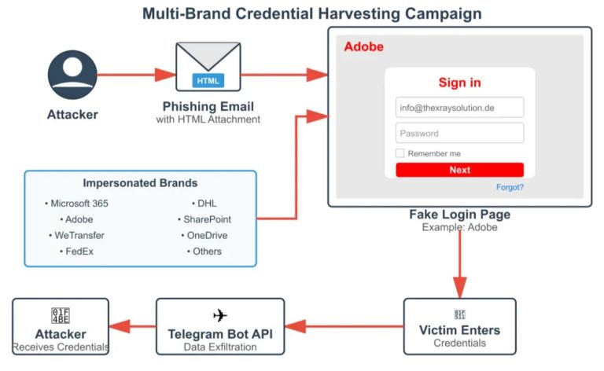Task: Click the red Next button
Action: point(459,170)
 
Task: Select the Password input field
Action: point(459,133)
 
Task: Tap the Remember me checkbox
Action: point(400,153)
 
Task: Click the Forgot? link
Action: point(510,187)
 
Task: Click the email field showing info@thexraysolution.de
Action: point(459,107)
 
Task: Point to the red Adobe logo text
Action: point(363,47)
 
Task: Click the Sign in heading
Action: point(459,83)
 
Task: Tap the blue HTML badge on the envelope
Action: point(208,80)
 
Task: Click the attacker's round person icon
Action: point(72,75)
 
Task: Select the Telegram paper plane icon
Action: point(219,315)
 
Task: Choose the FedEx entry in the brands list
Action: point(77,252)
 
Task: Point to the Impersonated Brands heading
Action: point(140,183)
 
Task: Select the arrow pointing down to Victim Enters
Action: point(459,259)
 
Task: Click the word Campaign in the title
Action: point(441,13)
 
